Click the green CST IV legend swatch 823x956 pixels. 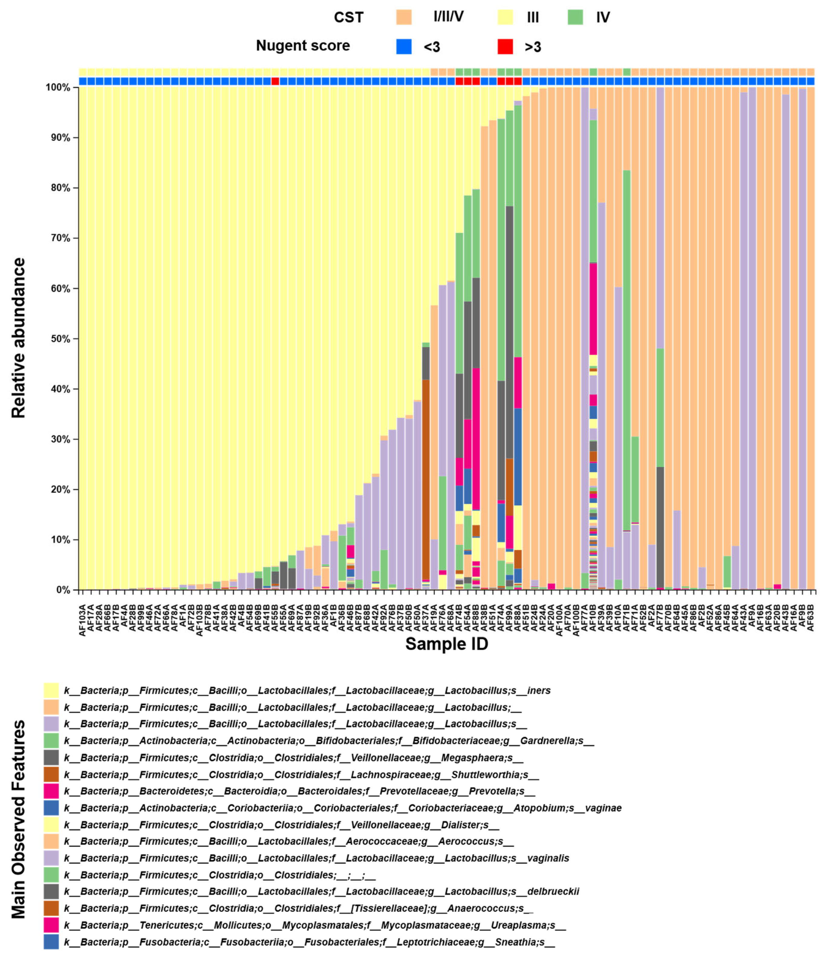575,17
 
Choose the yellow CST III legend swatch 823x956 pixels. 505,17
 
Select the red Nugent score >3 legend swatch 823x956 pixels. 505,46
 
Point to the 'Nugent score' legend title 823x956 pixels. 303,46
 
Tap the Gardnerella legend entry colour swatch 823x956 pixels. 51,741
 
